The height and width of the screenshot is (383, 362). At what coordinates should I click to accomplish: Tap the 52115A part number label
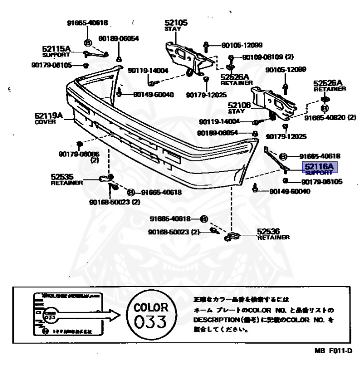pos(56,49)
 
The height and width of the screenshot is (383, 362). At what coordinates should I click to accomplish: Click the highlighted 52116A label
pos(319,167)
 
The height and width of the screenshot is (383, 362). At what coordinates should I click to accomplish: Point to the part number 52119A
pos(48,116)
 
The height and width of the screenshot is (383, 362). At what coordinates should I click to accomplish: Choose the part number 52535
pos(62,177)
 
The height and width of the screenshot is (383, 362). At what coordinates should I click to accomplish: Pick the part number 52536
pos(268,231)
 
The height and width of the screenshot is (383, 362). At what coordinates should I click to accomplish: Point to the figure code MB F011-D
pos(337,351)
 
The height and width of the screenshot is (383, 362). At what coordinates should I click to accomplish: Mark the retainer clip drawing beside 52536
pos(233,237)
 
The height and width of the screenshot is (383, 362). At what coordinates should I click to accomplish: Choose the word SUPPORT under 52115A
pos(53,55)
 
